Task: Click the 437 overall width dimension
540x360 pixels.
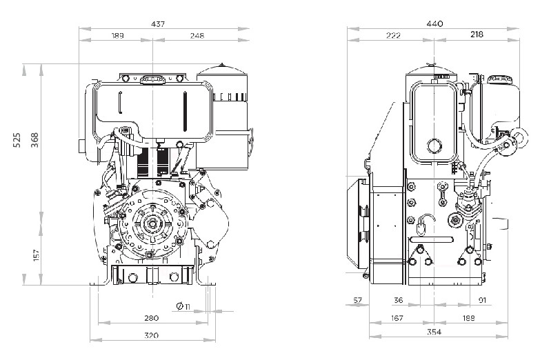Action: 158,23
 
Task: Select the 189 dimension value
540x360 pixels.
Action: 118,35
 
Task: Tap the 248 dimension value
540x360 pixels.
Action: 197,35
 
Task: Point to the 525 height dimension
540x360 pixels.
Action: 17,139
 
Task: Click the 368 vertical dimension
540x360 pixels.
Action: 34,139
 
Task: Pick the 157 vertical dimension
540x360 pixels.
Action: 37,255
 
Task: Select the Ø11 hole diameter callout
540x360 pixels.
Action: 183,306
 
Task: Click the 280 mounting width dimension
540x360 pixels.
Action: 151,318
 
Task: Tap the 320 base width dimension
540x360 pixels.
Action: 151,335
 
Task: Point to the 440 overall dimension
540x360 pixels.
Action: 434,23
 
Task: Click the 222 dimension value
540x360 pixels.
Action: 393,34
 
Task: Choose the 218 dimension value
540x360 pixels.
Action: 477,34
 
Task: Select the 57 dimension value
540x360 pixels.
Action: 358,300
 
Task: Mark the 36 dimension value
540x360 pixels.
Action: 399,300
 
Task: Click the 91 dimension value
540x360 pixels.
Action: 483,300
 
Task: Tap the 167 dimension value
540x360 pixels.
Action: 397,318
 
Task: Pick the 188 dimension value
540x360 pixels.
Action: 468,318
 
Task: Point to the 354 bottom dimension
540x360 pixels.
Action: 434,332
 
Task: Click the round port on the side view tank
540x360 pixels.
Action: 434,146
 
